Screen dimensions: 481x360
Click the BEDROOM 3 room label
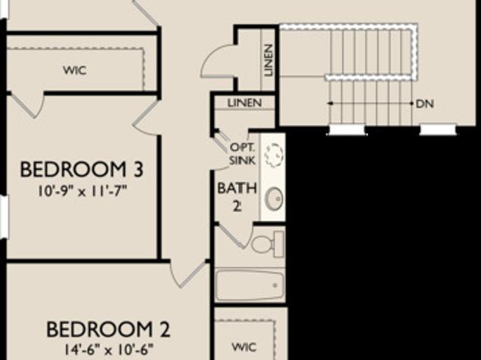pos(82,170)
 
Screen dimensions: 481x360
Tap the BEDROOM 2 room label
pos(108,329)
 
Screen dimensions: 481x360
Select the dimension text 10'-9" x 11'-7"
pos(82,192)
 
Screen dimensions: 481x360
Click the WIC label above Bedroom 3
pos(75,71)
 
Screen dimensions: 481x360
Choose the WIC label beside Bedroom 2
pos(244,347)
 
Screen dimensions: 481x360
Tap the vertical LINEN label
pos(268,60)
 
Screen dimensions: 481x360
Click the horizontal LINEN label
pos(244,103)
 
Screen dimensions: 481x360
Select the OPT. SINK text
pos(242,154)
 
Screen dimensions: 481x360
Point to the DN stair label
pos(425,104)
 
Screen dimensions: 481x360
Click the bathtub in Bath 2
pos(250,286)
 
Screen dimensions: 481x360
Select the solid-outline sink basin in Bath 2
pos(274,198)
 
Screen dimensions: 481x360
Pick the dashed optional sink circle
pos(274,155)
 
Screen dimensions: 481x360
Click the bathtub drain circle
pos(275,286)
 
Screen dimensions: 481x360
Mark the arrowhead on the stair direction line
pos(330,104)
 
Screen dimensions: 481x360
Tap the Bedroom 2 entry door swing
pos(187,276)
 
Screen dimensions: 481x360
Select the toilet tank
pos(279,245)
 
